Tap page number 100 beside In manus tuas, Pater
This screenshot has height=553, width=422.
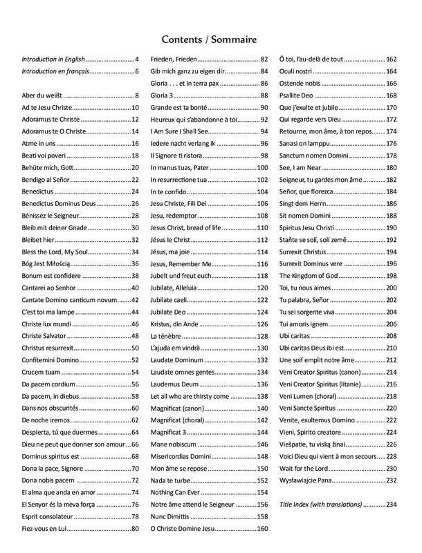262,168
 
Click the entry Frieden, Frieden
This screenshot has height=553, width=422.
174,59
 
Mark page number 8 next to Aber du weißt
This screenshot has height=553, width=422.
138,95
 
